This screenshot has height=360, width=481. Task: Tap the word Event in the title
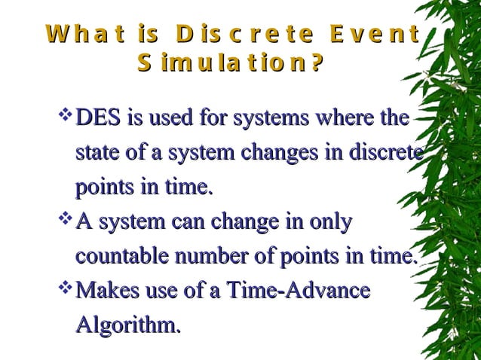(374, 35)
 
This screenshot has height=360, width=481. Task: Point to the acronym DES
(95, 118)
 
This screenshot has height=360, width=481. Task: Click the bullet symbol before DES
(64, 115)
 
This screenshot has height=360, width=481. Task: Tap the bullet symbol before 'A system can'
(64, 220)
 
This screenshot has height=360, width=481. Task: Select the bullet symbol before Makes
(64, 288)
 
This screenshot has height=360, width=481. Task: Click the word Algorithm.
(128, 325)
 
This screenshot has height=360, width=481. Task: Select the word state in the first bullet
(94, 153)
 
